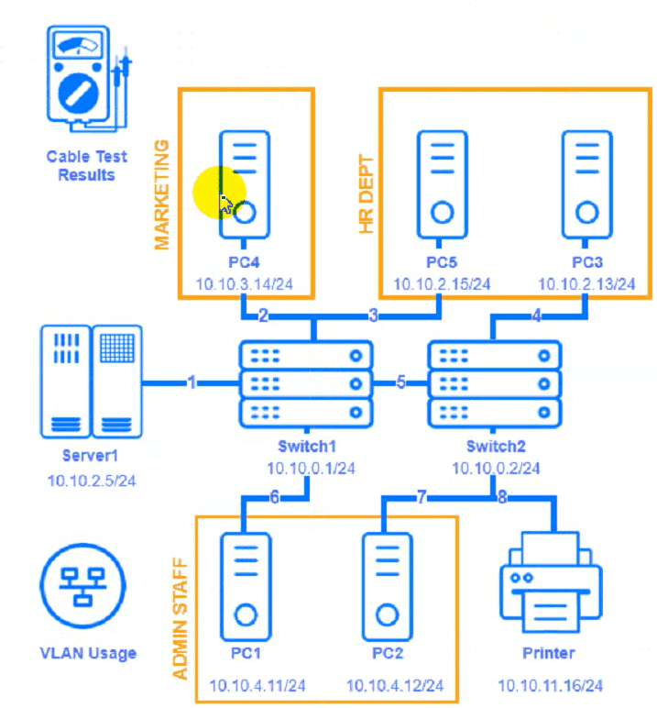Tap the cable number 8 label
tap(501, 498)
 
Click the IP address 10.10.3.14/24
tap(245, 283)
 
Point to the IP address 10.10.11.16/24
tap(550, 685)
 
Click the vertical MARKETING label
tap(162, 194)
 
